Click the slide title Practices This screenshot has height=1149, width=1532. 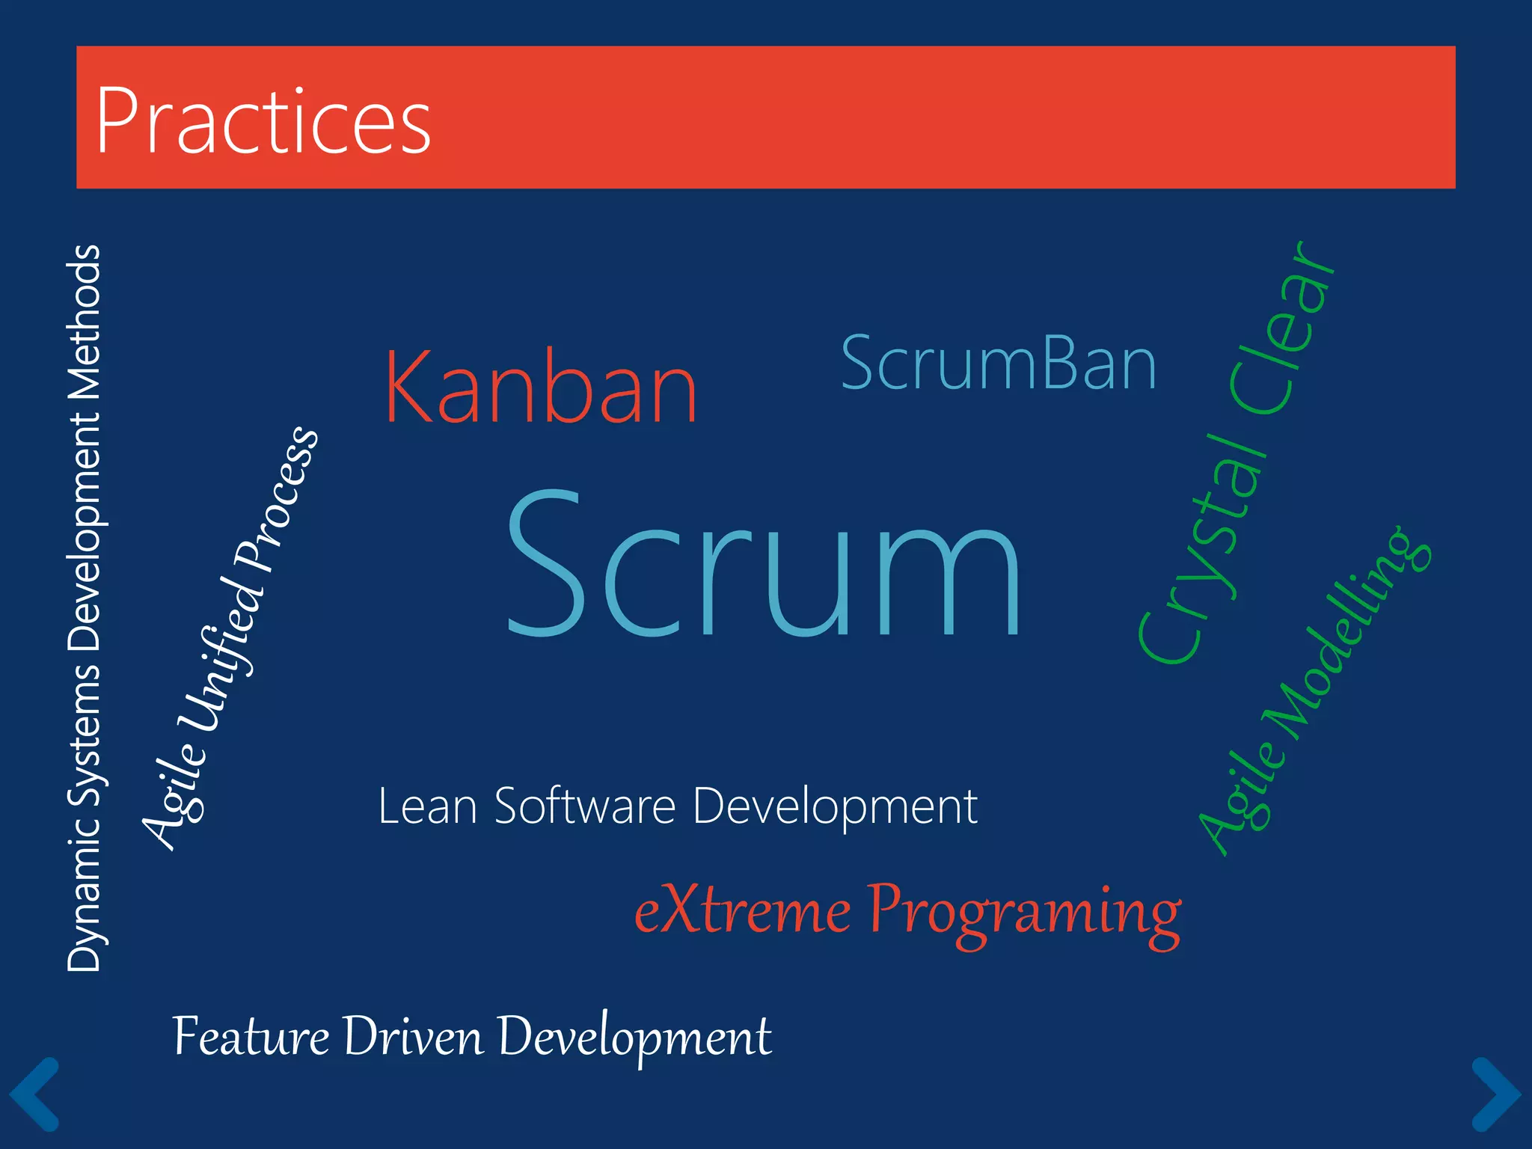[x=263, y=121]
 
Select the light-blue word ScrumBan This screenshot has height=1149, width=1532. [x=999, y=364]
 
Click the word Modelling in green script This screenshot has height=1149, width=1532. [x=1346, y=636]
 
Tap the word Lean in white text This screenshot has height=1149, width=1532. [x=427, y=806]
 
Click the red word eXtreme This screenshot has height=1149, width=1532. [x=742, y=911]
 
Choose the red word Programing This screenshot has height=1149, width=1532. [x=1023, y=914]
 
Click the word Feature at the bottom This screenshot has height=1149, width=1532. [x=251, y=1037]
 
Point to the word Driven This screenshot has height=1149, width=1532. [x=413, y=1037]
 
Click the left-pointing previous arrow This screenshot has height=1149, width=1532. [x=34, y=1094]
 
